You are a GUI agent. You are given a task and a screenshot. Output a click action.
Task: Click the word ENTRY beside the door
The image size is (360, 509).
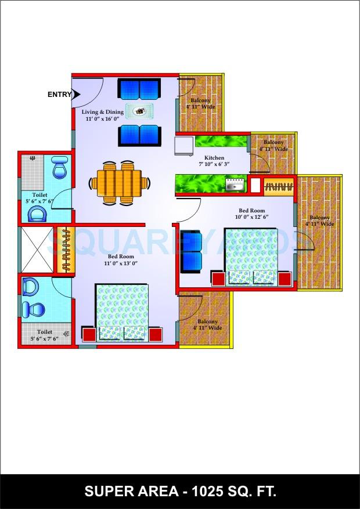(60, 95)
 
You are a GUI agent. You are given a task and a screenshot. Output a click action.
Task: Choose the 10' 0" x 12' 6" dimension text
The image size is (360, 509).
(252, 217)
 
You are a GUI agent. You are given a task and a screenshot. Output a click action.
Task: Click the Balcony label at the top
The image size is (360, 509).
(201, 100)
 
